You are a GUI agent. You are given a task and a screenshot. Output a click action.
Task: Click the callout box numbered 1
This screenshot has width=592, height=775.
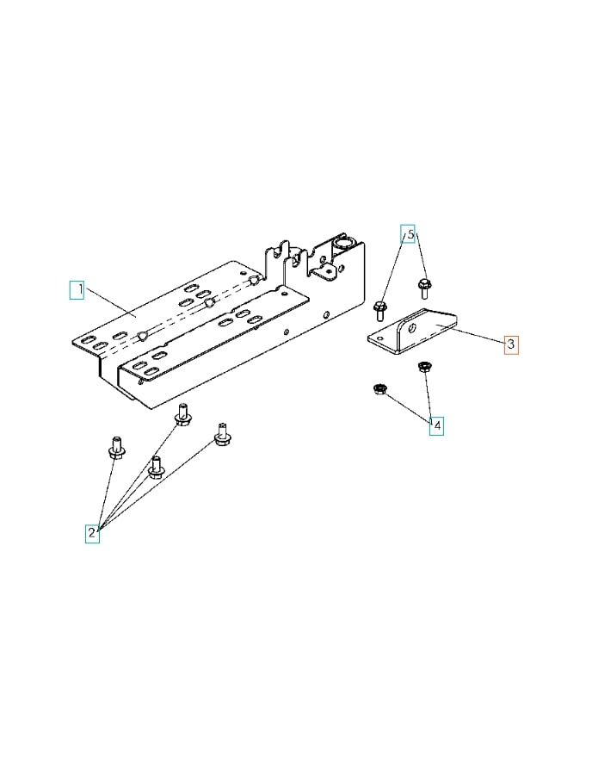[77, 289]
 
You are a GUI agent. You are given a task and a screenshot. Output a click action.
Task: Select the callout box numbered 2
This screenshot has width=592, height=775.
[92, 533]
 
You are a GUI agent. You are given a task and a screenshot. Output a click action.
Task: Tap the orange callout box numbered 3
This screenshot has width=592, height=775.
[511, 344]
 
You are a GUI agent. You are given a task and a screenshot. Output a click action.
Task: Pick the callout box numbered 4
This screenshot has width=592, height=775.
[437, 425]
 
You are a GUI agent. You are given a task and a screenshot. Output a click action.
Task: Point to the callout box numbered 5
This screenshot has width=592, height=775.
[410, 233]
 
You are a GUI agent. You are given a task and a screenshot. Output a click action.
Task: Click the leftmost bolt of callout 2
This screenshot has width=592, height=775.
[116, 449]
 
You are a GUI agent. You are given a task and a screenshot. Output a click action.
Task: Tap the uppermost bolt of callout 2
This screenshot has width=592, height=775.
[182, 415]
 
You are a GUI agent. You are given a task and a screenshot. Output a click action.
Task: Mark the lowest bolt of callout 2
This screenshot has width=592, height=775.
[156, 468]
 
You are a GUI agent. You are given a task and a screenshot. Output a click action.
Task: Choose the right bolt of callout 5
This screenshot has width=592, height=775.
[423, 287]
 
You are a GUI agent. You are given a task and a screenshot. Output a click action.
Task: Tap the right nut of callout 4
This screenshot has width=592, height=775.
[423, 369]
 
